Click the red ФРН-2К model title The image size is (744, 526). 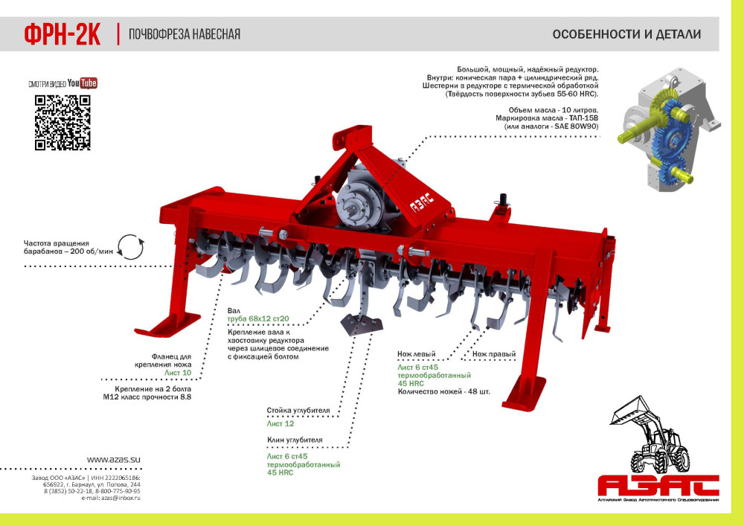pyautogui.click(x=62, y=35)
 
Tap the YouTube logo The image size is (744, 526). pyautogui.click(x=82, y=83)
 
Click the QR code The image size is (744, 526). pyautogui.click(x=62, y=122)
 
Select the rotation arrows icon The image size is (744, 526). pyautogui.click(x=130, y=247)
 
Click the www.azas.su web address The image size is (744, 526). pyautogui.click(x=113, y=460)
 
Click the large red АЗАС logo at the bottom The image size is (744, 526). pyautogui.click(x=658, y=485)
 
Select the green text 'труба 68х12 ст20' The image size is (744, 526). pyautogui.click(x=258, y=318)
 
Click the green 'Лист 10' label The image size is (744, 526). pyautogui.click(x=178, y=373)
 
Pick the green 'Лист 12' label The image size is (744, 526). pyautogui.click(x=280, y=423)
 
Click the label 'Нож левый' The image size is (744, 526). pyautogui.click(x=417, y=354)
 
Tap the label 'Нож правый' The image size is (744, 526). pyautogui.click(x=494, y=354)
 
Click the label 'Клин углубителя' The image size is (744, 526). pyautogui.click(x=295, y=440)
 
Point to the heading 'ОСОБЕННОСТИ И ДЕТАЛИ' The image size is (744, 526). pyautogui.click(x=626, y=34)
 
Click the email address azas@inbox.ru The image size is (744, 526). pyautogui.click(x=121, y=498)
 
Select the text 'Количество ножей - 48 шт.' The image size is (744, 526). pyautogui.click(x=443, y=392)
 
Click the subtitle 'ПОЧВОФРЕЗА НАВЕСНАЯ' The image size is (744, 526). pyautogui.click(x=185, y=34)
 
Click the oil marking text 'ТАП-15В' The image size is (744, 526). pyautogui.click(x=583, y=118)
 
